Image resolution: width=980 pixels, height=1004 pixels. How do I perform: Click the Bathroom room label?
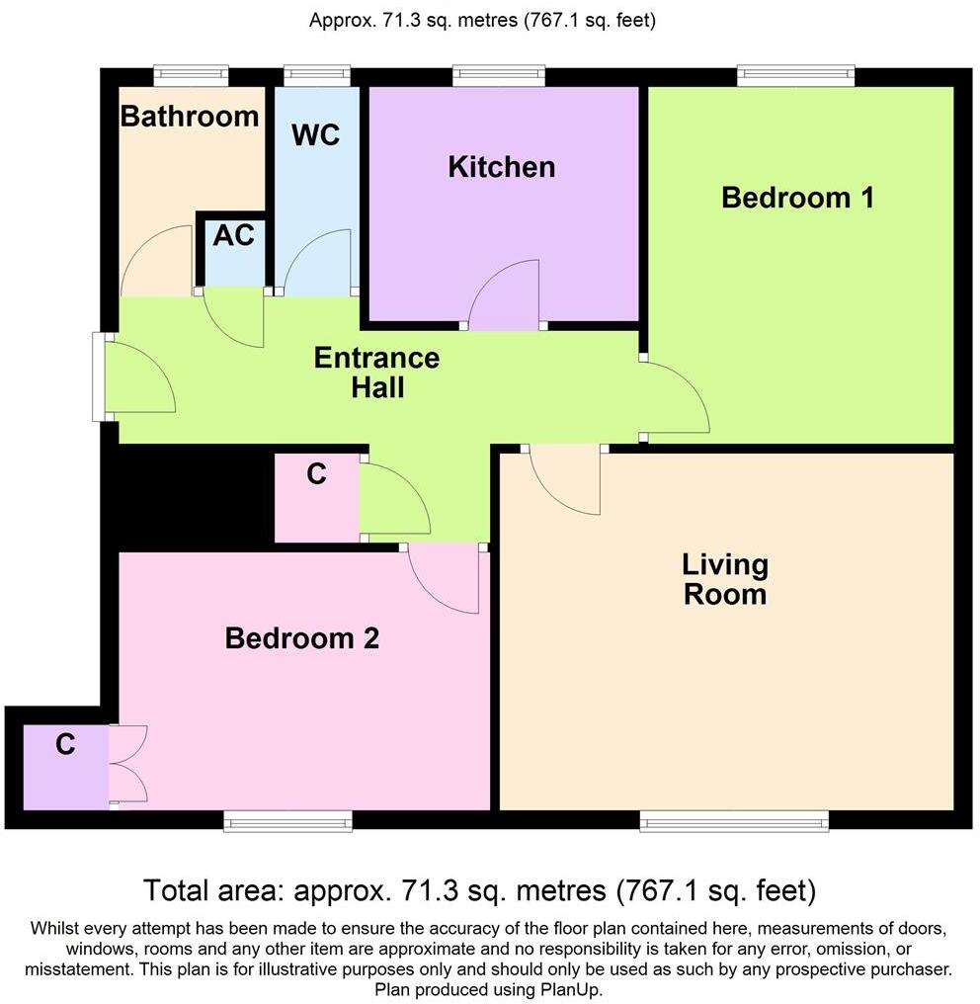190,117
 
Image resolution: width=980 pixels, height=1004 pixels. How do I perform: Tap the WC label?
315,134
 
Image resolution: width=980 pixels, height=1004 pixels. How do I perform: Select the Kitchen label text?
502,167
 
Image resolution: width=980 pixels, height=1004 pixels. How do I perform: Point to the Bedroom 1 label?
798,198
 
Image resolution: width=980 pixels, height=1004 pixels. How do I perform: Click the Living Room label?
725,580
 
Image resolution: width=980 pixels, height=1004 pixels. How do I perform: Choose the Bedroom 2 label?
302,638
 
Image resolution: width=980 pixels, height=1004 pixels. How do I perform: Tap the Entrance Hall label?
376,372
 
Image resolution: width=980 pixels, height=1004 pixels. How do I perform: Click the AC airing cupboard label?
234,236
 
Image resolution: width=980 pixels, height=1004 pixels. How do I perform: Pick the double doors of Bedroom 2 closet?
128,763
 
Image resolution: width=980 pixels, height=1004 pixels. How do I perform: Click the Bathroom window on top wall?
191,75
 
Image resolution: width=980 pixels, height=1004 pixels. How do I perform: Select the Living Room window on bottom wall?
733,820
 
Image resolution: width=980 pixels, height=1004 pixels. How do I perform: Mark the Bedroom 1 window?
796,75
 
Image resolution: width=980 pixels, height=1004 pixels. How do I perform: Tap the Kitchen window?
499,75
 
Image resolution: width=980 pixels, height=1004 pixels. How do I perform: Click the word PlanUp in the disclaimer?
573,989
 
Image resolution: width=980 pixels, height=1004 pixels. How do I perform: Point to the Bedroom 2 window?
287,820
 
